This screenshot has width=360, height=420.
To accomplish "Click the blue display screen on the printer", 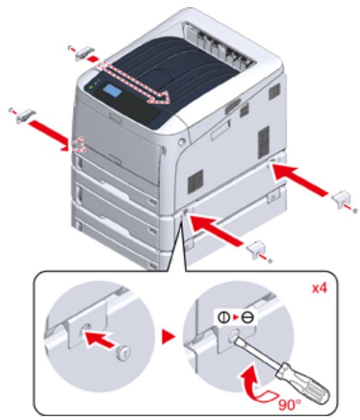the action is pyautogui.click(x=112, y=91).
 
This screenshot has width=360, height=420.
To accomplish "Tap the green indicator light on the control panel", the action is pyautogui.click(x=91, y=87).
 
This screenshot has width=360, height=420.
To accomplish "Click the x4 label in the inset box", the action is pyautogui.click(x=319, y=289).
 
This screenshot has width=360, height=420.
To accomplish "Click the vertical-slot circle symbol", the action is pyautogui.click(x=223, y=317).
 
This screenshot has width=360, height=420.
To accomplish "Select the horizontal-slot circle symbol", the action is pyautogui.click(x=247, y=317).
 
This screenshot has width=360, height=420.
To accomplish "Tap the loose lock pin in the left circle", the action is pyautogui.click(x=123, y=353).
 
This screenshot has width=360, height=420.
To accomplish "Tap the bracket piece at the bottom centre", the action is pyautogui.click(x=256, y=249).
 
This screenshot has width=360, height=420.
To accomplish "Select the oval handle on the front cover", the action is pyautogui.click(x=115, y=118).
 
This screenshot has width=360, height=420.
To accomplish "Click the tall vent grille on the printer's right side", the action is pyautogui.click(x=263, y=142).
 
